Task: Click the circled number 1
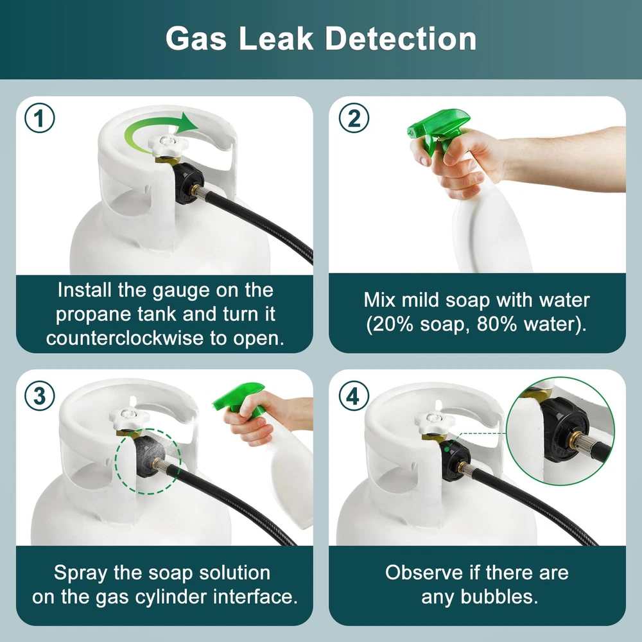click(40, 118)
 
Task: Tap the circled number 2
click(354, 118)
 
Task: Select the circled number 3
click(40, 395)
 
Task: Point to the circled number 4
click(354, 395)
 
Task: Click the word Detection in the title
click(401, 39)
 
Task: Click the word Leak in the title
click(276, 39)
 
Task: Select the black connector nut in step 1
click(189, 182)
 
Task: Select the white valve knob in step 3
click(129, 419)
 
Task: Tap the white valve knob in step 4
click(435, 422)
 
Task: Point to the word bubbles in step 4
click(499, 596)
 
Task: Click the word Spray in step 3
click(81, 573)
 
